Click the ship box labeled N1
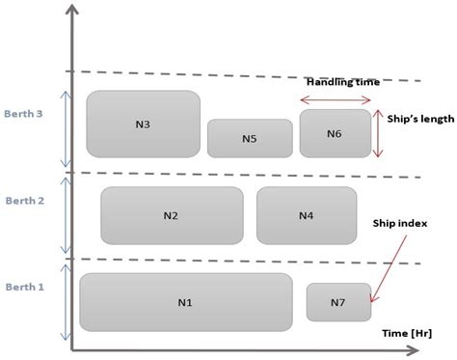185,302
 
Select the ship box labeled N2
172,215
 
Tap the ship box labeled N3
143,124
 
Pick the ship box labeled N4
306,215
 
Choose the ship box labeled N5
249,138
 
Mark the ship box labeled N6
335,133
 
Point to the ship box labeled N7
338,302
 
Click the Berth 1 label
25,288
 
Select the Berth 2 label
25,201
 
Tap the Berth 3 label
25,114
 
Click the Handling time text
336,82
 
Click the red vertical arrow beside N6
379,133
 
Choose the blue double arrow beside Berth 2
66,215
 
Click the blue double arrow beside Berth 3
66,129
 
